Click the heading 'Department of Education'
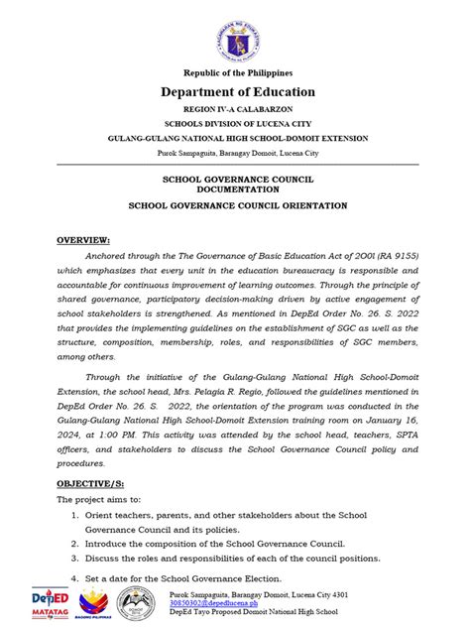tap(235, 92)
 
